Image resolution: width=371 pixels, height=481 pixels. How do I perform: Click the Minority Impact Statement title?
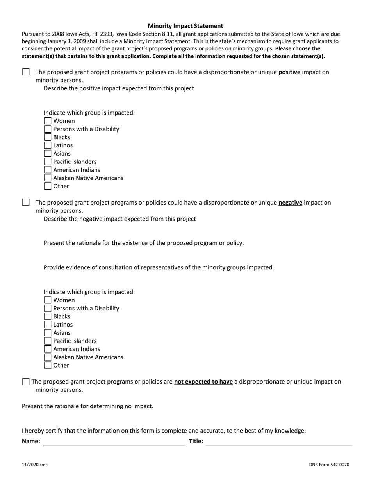(185, 26)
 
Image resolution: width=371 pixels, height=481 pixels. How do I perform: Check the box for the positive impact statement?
(26, 72)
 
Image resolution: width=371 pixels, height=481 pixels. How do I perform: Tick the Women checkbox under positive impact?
(48, 121)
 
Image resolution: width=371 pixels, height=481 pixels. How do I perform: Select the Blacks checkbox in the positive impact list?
(48, 137)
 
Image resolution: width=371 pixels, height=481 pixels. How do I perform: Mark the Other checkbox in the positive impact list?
(48, 186)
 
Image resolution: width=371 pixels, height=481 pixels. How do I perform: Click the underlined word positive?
(289, 72)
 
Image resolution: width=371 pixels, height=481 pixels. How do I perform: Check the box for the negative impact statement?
(26, 202)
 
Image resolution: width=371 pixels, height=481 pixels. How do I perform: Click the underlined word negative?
(290, 203)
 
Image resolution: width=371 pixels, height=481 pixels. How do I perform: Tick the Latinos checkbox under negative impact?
(48, 325)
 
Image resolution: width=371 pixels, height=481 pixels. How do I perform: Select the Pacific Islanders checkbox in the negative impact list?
(48, 341)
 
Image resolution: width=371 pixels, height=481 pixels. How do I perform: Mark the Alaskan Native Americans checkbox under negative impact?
(48, 357)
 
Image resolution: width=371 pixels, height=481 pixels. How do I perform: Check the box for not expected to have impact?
(26, 382)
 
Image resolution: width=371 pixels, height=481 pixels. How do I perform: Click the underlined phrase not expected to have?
(203, 382)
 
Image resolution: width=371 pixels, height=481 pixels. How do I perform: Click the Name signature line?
(114, 442)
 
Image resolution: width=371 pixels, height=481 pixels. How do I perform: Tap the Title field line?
(279, 442)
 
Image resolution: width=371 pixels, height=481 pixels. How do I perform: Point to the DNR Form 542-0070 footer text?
(329, 465)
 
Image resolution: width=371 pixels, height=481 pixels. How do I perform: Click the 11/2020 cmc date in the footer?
(35, 465)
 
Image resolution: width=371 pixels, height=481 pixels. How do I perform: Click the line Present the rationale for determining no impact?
(87, 406)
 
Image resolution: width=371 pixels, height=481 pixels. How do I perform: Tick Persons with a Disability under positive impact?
(48, 129)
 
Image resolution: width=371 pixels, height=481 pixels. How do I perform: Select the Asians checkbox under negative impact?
(48, 333)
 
